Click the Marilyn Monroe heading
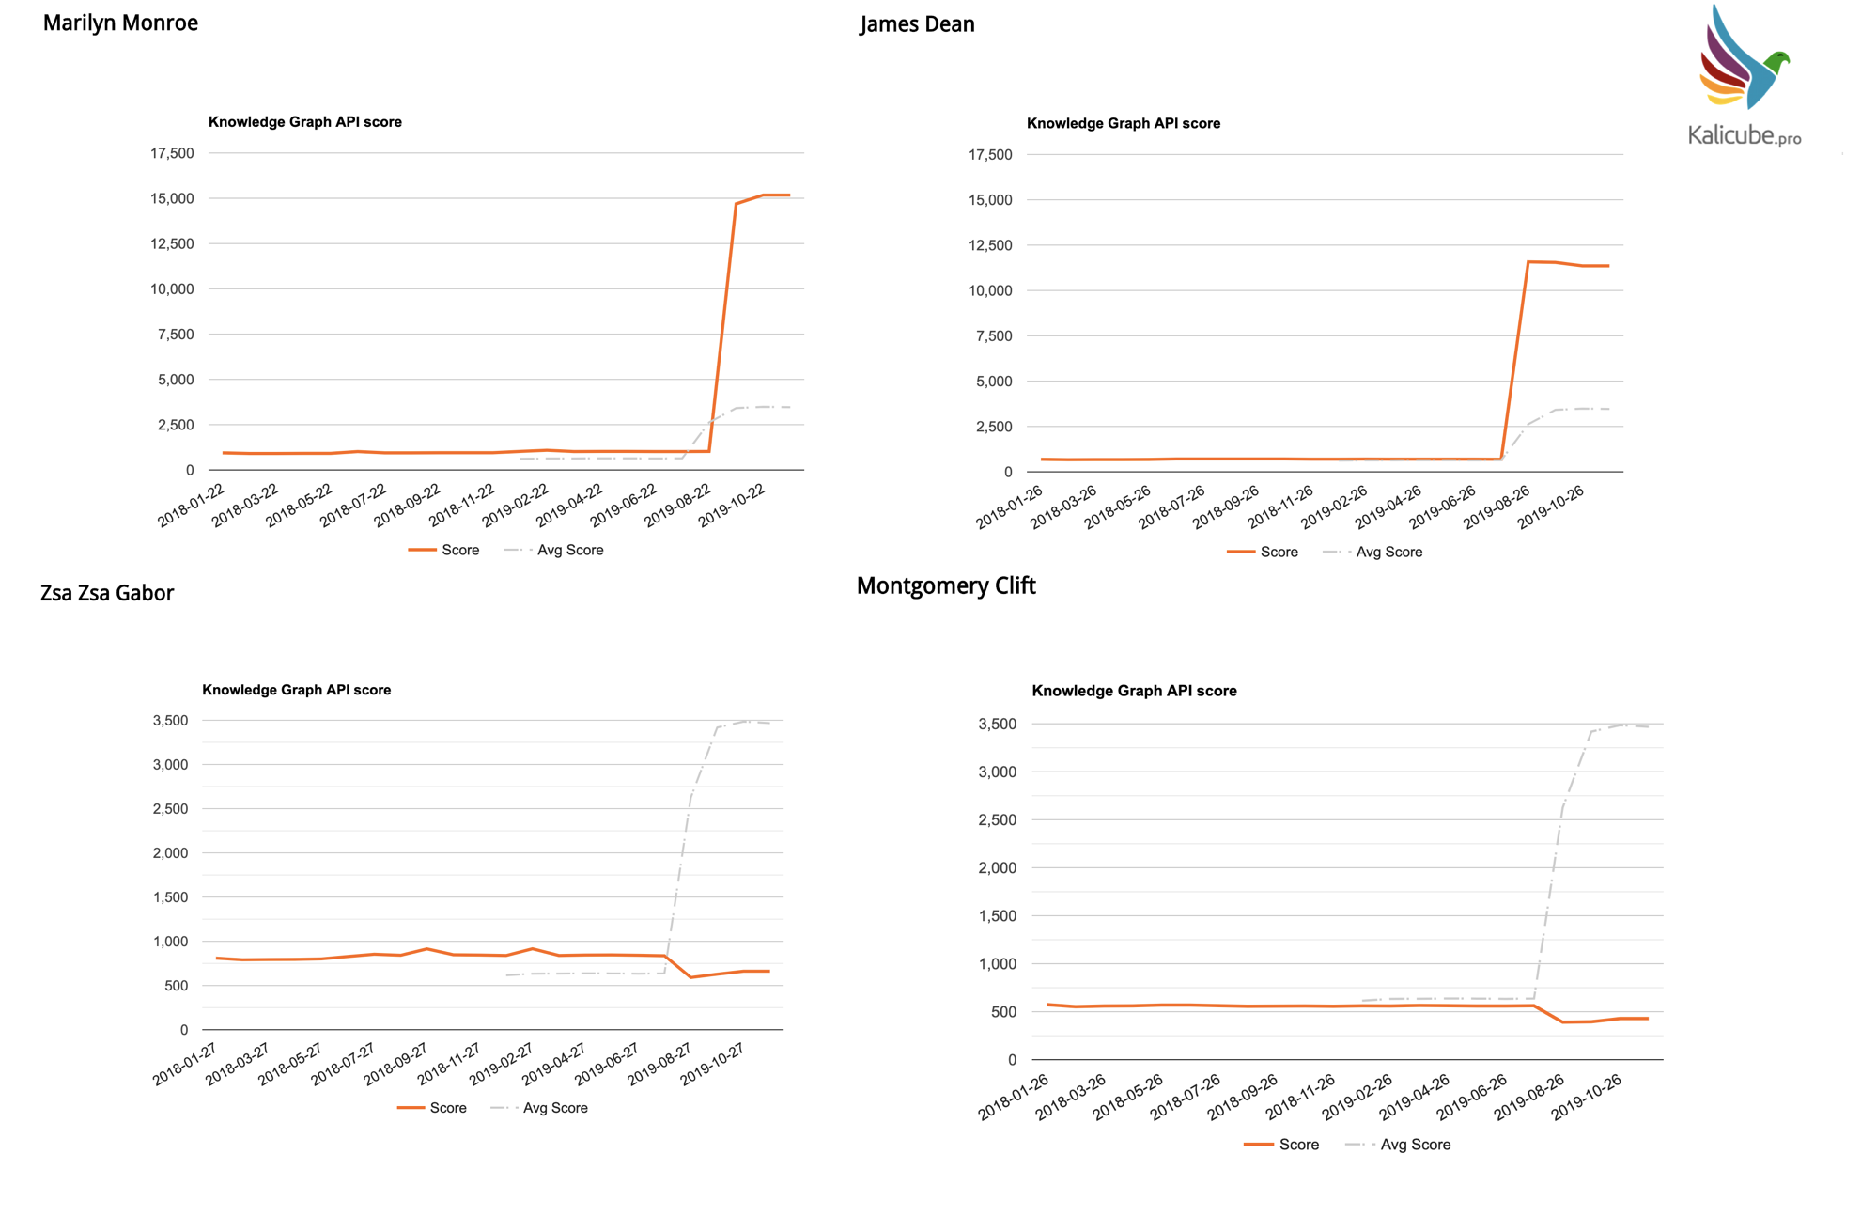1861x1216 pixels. pyautogui.click(x=120, y=23)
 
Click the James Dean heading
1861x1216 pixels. pyautogui.click(x=917, y=24)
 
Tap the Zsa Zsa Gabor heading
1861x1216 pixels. pyautogui.click(x=107, y=593)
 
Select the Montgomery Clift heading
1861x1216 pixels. pyautogui.click(x=945, y=585)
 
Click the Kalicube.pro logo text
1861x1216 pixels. pyautogui.click(x=1744, y=135)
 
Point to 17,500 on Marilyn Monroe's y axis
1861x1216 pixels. pyautogui.click(x=172, y=153)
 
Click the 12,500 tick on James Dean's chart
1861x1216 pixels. pyautogui.click(x=990, y=245)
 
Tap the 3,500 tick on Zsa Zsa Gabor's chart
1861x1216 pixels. pyautogui.click(x=170, y=721)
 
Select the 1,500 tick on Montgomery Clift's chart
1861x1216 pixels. pyautogui.click(x=997, y=916)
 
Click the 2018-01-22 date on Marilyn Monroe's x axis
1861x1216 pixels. pyautogui.click(x=192, y=506)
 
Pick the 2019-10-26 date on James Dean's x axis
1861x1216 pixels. pyautogui.click(x=1551, y=507)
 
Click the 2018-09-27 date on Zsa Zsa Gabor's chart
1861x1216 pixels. pyautogui.click(x=396, y=1064)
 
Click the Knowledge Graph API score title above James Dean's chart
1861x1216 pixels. pyautogui.click(x=1123, y=123)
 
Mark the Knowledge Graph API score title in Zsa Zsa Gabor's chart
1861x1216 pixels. pyautogui.click(x=296, y=690)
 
